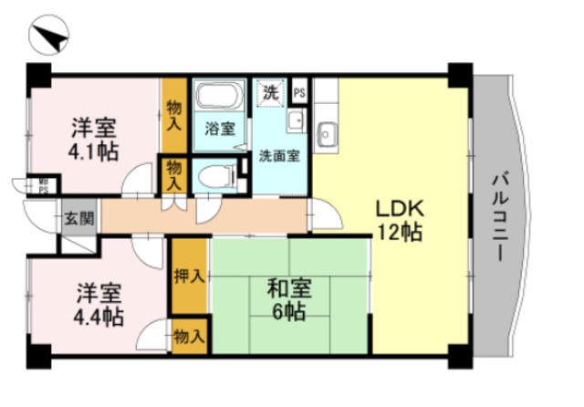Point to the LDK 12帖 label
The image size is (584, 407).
400,219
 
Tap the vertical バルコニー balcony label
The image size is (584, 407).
501,216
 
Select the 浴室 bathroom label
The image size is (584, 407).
217,127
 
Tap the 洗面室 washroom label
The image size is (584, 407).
278,153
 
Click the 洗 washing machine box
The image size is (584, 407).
270,91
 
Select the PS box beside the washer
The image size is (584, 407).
298,91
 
